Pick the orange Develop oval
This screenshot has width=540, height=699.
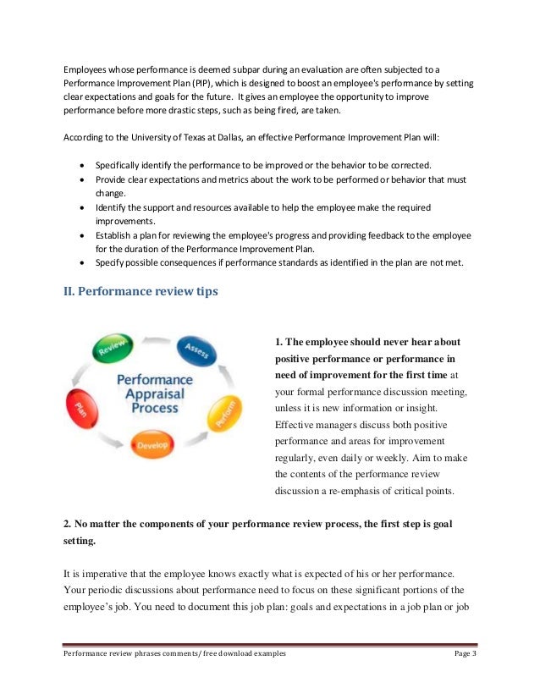pyautogui.click(x=152, y=443)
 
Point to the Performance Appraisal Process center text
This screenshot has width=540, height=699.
pyautogui.click(x=154, y=394)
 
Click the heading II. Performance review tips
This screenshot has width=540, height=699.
pyautogui.click(x=141, y=292)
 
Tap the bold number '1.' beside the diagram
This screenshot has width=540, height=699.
pyautogui.click(x=280, y=342)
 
